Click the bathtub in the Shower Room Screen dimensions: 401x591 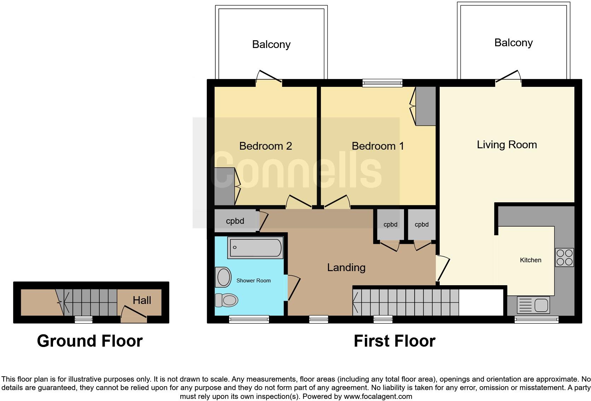[256, 248]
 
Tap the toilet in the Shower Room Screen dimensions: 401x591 [227, 300]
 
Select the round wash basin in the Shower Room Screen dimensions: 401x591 [223, 277]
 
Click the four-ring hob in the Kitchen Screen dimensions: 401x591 [564, 258]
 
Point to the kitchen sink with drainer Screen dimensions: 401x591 [533, 305]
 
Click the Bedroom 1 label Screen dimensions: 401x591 [378, 146]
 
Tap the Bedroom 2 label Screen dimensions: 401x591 [265, 146]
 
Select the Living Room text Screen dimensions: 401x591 [507, 145]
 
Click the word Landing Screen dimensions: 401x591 [346, 268]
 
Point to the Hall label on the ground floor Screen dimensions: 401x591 [142, 300]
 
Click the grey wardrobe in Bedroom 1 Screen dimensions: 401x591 [425, 106]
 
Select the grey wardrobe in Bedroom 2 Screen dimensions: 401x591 [224, 186]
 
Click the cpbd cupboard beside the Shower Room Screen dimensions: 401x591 [235, 221]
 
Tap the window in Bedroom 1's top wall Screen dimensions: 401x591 [382, 83]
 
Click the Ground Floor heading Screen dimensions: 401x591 [90, 341]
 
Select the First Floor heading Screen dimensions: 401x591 [394, 341]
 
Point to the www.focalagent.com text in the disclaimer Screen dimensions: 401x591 [378, 396]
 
